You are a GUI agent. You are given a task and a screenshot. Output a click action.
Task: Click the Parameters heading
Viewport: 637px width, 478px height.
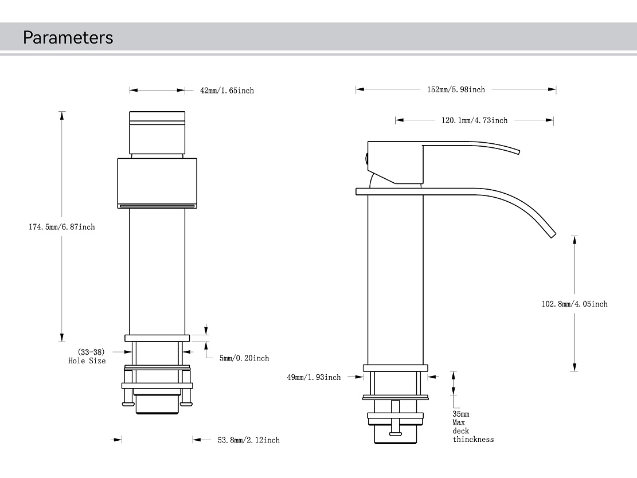click(x=68, y=38)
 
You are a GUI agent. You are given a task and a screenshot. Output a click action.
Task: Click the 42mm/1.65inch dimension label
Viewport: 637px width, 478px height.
click(x=226, y=91)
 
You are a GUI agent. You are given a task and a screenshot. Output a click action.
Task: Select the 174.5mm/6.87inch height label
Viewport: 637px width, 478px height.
click(x=62, y=227)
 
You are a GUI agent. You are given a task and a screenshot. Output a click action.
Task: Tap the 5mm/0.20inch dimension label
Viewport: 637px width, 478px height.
click(x=244, y=358)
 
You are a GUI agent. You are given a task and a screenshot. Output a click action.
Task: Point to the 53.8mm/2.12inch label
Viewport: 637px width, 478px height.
click(x=248, y=440)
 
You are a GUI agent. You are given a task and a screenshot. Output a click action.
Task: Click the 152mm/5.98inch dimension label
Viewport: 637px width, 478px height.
click(x=456, y=89)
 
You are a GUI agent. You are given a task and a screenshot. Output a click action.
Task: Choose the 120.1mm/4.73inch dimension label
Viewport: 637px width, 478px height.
click(x=474, y=120)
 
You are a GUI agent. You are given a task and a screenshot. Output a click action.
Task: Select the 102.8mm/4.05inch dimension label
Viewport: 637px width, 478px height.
click(x=575, y=304)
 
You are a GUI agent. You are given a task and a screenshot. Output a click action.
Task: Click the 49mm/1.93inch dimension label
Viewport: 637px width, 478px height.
click(x=314, y=377)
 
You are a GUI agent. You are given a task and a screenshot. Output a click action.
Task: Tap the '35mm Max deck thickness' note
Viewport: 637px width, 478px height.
click(x=472, y=426)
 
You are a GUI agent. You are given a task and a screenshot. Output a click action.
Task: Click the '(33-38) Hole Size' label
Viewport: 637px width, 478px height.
click(x=87, y=356)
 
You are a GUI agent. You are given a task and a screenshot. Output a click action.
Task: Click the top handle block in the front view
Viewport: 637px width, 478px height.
click(x=157, y=132)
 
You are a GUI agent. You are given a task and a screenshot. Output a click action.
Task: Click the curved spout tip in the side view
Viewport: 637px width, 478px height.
click(x=552, y=233)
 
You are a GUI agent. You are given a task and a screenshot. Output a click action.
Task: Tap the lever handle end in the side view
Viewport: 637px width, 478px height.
click(x=516, y=151)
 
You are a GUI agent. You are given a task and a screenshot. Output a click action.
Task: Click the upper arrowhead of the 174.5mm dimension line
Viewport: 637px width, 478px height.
click(x=62, y=115)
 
